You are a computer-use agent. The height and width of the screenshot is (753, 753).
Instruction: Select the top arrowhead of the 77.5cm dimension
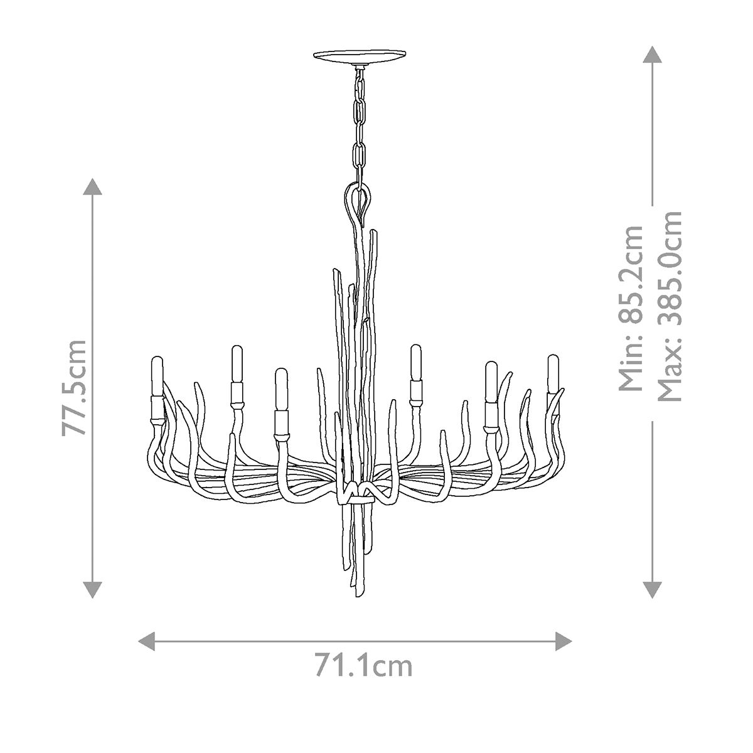click(92, 186)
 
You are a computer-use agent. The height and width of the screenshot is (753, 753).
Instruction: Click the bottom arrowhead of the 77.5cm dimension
click(92, 590)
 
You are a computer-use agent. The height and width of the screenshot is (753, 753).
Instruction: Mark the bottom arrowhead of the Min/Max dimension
click(653, 590)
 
